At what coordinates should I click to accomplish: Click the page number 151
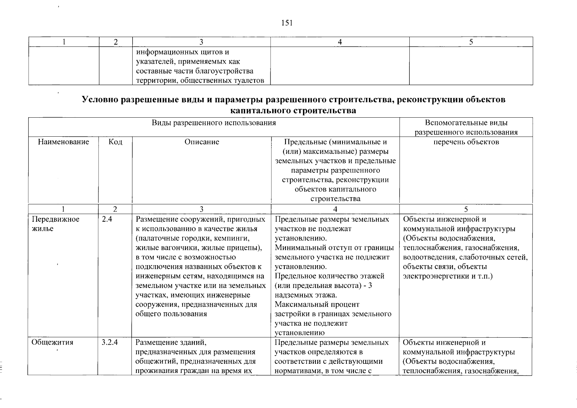(x=287, y=23)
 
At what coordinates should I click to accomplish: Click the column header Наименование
(x=63, y=142)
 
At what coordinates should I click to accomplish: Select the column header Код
(x=115, y=142)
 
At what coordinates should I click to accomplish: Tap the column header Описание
(x=202, y=142)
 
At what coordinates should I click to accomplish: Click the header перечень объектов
(x=466, y=142)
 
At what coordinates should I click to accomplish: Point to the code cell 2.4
(x=107, y=219)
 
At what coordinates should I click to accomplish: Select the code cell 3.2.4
(x=109, y=342)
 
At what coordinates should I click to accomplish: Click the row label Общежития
(x=52, y=342)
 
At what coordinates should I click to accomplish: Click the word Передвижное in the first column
(x=55, y=219)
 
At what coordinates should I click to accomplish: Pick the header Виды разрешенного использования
(x=214, y=123)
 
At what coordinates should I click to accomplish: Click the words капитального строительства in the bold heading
(x=293, y=111)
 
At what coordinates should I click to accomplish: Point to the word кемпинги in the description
(x=234, y=238)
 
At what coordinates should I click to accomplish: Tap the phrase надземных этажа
(x=306, y=295)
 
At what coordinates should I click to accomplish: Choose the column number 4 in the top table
(x=340, y=42)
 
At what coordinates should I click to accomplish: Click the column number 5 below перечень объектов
(x=466, y=209)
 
